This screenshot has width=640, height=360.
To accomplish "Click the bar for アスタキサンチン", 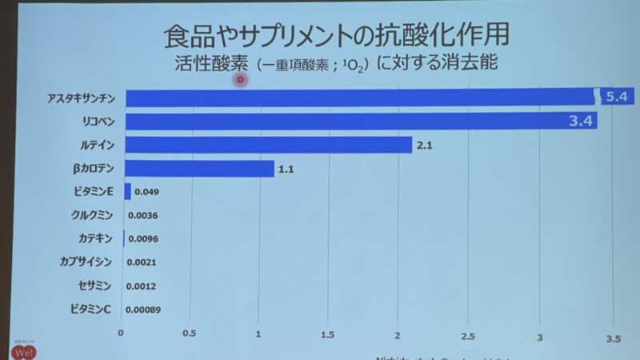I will (360, 98).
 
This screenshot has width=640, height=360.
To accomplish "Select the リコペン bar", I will (360, 122).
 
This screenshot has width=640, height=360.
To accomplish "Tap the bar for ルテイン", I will (269, 145).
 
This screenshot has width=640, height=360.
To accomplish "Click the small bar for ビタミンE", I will (127, 191).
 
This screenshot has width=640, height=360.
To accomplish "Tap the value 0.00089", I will (149, 310).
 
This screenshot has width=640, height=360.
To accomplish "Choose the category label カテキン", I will (95, 238).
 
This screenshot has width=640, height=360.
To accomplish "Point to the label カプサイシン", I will (86, 262).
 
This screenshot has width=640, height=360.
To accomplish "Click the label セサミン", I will (95, 286).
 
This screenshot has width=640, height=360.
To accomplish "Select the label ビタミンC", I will (90, 309).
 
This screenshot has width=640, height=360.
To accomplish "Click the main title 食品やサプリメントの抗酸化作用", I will (336, 36).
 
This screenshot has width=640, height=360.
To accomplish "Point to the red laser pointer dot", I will (239, 79).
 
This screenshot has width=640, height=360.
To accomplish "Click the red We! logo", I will (22, 351).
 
